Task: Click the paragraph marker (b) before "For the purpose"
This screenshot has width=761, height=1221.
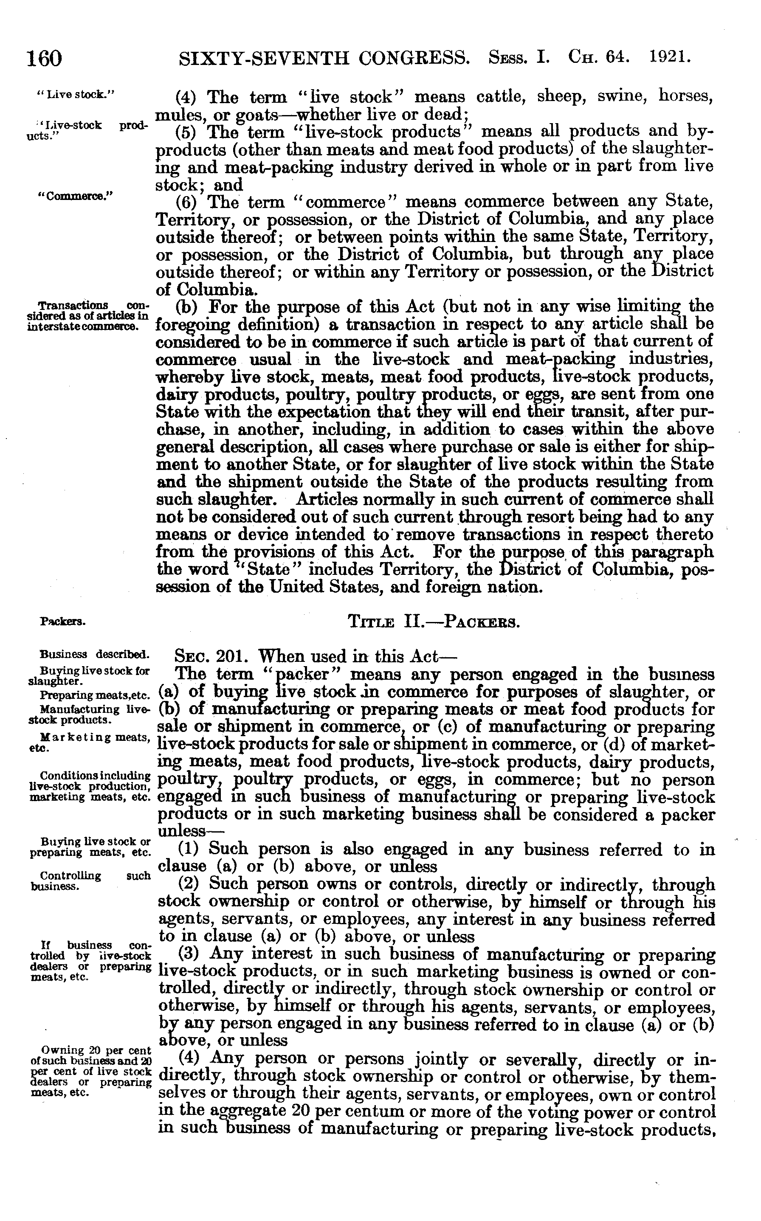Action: (x=186, y=307)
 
